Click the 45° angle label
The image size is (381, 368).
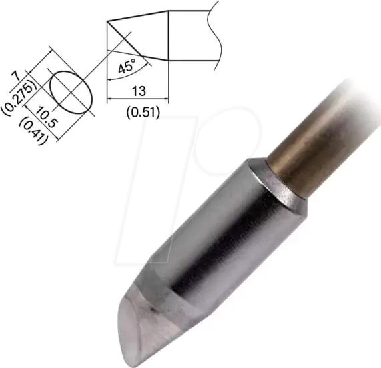coord(127,67)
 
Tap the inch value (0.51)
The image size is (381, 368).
coord(142,111)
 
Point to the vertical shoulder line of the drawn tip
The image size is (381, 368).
coord(169,37)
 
